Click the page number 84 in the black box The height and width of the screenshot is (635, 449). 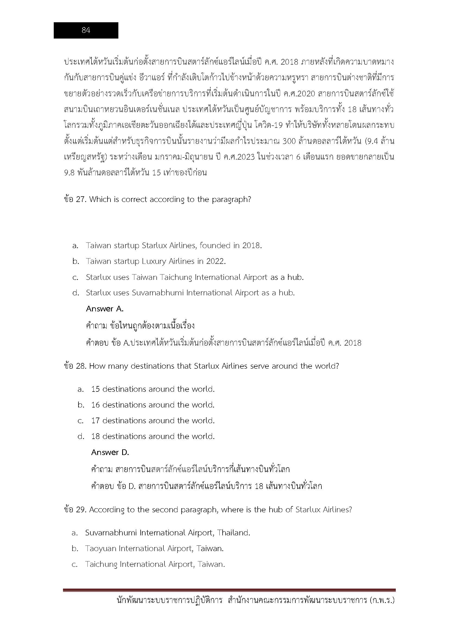(86, 30)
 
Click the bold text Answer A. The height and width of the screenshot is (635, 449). (105, 309)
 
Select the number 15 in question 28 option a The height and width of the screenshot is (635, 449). (95, 389)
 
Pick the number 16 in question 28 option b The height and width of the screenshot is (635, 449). (95, 405)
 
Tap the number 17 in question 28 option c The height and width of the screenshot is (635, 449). (95, 421)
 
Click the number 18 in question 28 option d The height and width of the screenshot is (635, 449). (95, 437)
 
